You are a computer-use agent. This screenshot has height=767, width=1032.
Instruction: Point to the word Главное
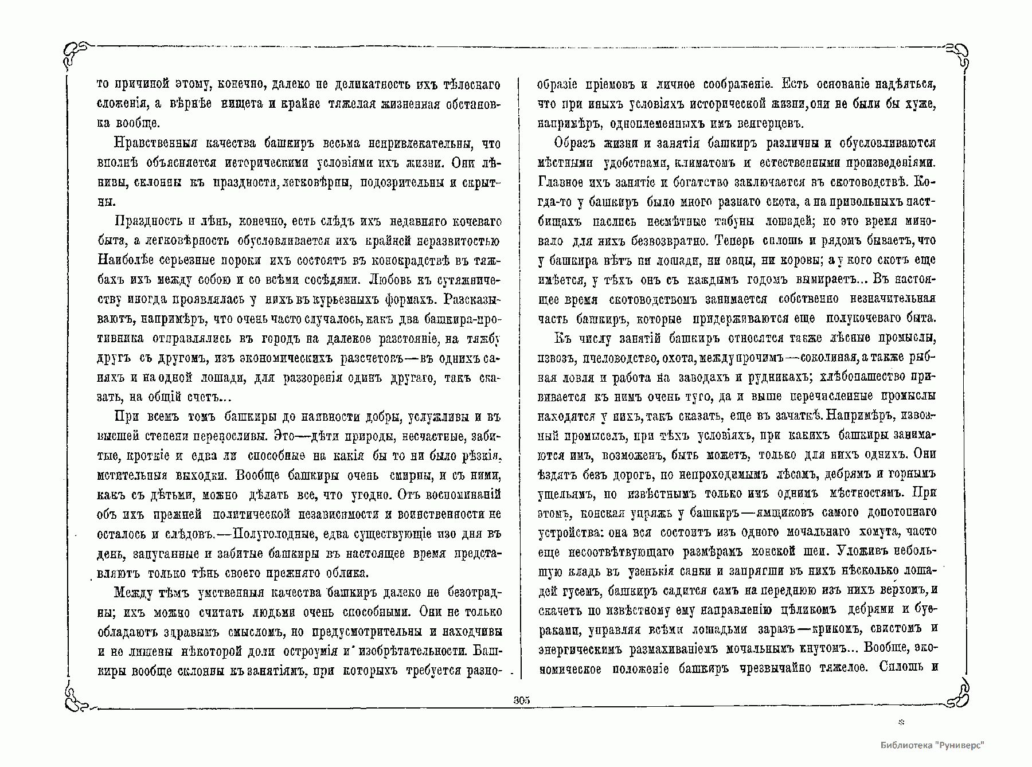coord(561,182)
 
